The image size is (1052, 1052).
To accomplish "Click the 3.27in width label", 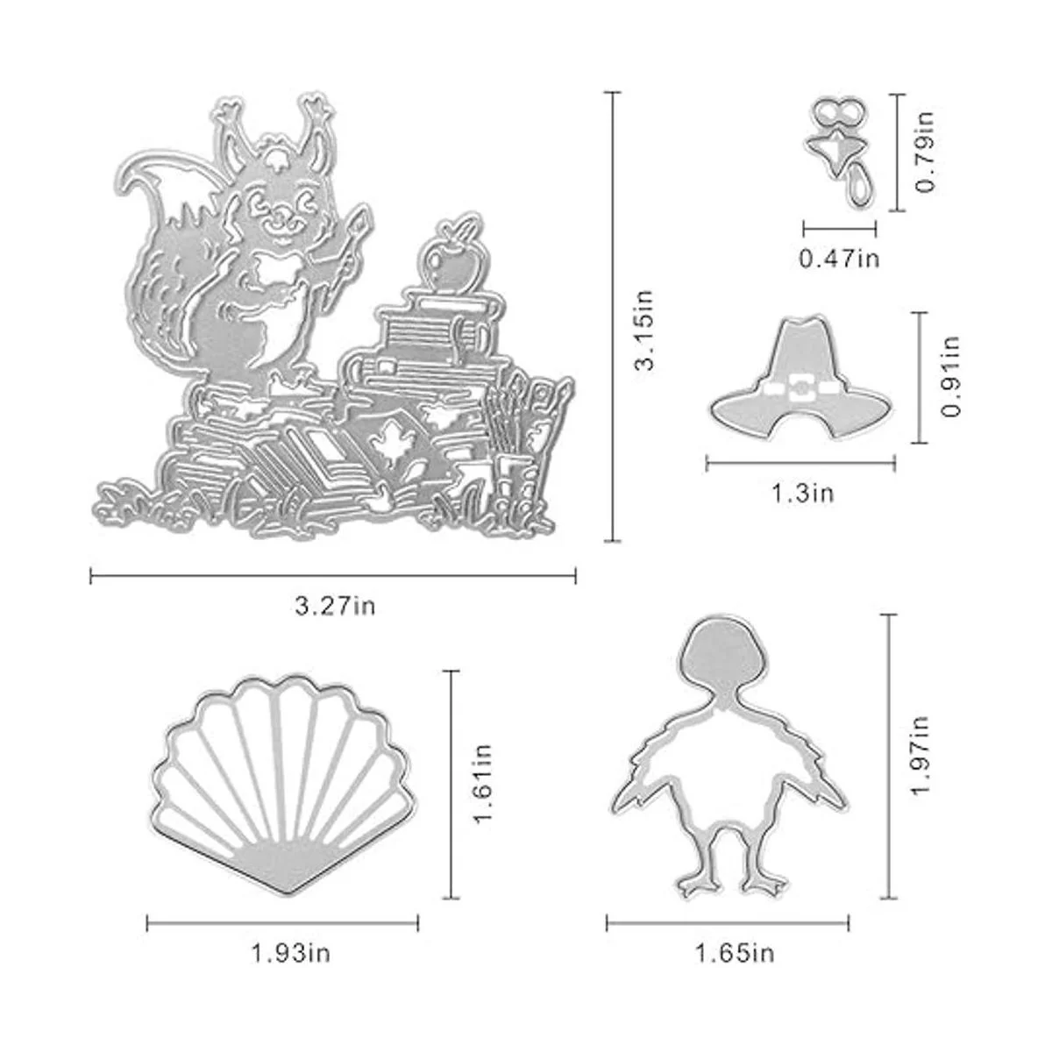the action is click(335, 606).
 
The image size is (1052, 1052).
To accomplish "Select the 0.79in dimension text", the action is click(925, 152).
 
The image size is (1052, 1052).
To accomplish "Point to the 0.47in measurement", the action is click(840, 258).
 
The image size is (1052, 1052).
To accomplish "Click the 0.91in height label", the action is click(950, 377).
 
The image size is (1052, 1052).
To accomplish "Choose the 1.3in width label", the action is click(802, 493).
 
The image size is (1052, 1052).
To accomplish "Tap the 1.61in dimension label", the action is click(484, 784).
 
